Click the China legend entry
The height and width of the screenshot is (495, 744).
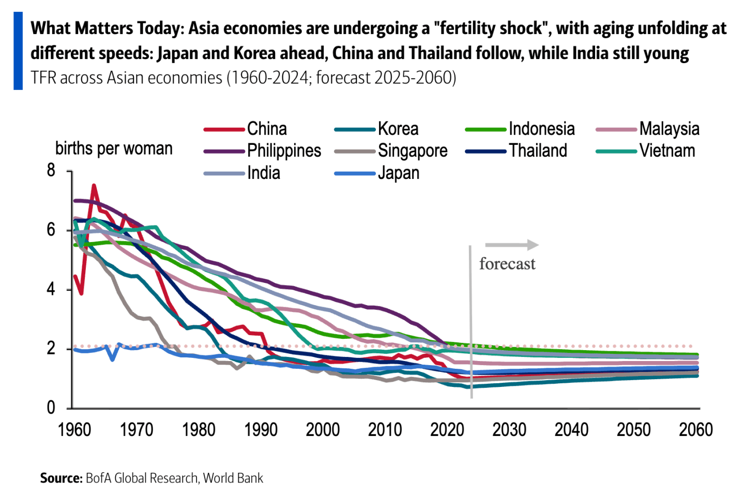pyautogui.click(x=266, y=129)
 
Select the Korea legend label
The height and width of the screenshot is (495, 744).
pyautogui.click(x=398, y=129)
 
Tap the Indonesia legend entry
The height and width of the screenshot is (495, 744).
pyautogui.click(x=541, y=129)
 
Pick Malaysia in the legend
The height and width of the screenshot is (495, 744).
pyautogui.click(x=669, y=129)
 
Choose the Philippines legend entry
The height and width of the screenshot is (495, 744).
pyautogui.click(x=284, y=151)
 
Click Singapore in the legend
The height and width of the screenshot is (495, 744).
pyautogui.click(x=412, y=151)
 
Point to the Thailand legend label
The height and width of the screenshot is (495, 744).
pyautogui.click(x=538, y=151)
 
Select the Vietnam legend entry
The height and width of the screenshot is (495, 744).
pyautogui.click(x=667, y=151)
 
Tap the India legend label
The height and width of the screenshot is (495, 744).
pyautogui.click(x=263, y=173)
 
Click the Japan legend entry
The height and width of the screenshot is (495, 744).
pyautogui.click(x=398, y=173)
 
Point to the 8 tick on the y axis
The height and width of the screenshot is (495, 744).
pyautogui.click(x=51, y=170)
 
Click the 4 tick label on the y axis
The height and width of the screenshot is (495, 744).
pyautogui.click(x=51, y=289)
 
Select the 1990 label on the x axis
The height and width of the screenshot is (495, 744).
pyautogui.click(x=261, y=430)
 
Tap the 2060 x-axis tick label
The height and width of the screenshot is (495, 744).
pyautogui.click(x=696, y=430)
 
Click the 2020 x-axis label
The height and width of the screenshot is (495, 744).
pyautogui.click(x=447, y=430)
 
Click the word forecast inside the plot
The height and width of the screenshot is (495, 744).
pyautogui.click(x=507, y=264)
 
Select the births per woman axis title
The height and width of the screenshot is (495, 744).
pyautogui.click(x=114, y=148)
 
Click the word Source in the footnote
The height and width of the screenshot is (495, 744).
pyautogui.click(x=61, y=478)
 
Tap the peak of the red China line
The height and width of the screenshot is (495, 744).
pyautogui.click(x=94, y=186)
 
